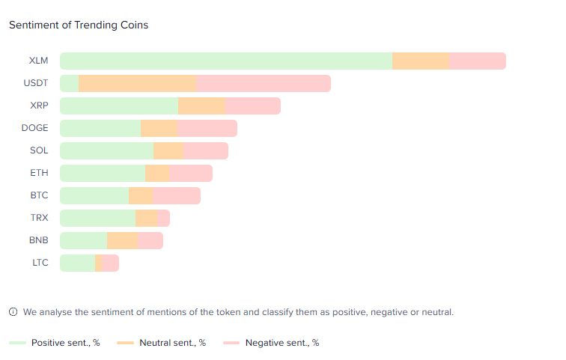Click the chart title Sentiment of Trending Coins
[79, 25]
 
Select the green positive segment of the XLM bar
[225, 61]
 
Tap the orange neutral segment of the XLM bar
[420, 61]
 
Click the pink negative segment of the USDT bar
[263, 84]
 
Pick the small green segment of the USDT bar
[70, 84]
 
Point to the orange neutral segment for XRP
[201, 106]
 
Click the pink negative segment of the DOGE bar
[207, 129]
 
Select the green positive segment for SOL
[106, 151]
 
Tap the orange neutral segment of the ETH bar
[157, 174]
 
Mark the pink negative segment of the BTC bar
[176, 196]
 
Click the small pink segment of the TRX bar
[163, 219]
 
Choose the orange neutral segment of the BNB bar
[122, 241]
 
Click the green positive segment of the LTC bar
[77, 263]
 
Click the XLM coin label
[39, 61]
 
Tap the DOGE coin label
[35, 128]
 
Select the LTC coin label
[40, 263]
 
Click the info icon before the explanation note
[13, 312]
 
